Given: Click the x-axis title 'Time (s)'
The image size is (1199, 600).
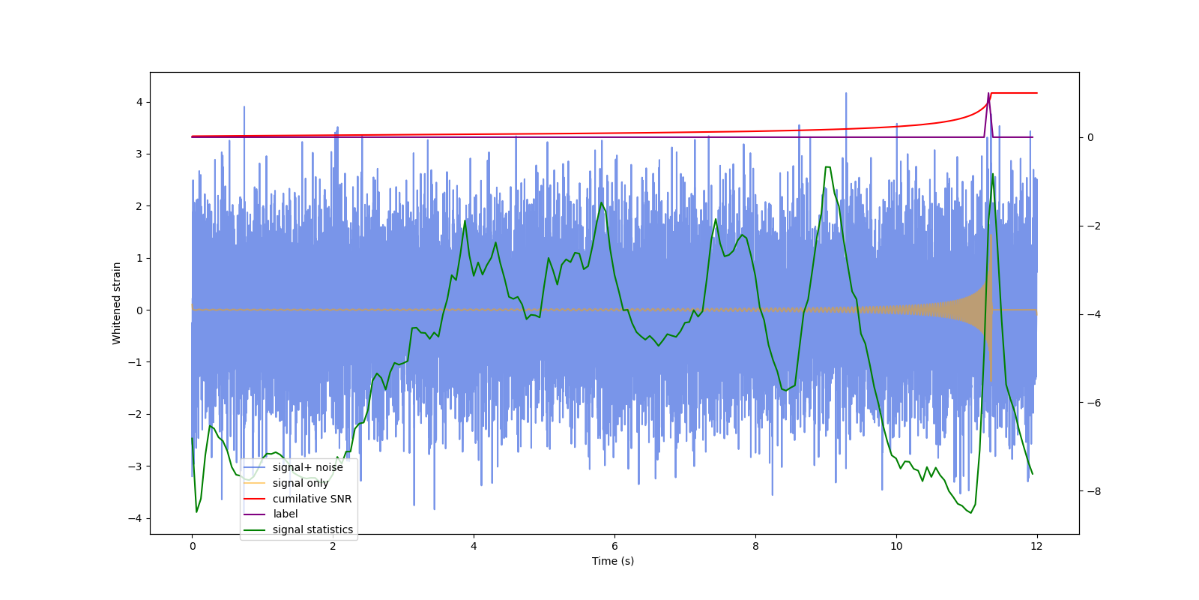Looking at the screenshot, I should click(x=613, y=561).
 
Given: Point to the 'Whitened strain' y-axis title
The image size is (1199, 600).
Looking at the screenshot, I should click(x=117, y=303).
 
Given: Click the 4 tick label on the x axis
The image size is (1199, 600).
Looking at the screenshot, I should click(x=474, y=546).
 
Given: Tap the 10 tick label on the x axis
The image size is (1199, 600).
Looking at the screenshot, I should click(x=896, y=546).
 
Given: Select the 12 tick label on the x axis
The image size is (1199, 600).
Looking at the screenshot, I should click(x=1037, y=546).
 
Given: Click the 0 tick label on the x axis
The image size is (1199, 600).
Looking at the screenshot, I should click(x=192, y=546).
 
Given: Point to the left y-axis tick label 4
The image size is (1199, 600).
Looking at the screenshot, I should click(x=139, y=102).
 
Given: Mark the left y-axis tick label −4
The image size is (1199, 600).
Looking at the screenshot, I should click(x=136, y=518).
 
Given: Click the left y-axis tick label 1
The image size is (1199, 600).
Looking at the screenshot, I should click(x=139, y=258).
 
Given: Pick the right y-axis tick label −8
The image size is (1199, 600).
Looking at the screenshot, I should click(x=1092, y=491).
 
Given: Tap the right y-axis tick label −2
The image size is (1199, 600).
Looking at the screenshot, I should click(x=1092, y=226).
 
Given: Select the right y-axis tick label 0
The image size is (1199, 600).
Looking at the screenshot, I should click(x=1090, y=137).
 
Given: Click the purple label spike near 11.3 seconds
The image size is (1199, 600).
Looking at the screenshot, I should click(x=989, y=95).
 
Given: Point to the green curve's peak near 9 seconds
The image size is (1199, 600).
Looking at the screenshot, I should click(x=827, y=167).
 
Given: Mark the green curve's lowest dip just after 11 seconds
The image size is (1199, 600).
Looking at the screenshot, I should click(x=971, y=513).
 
